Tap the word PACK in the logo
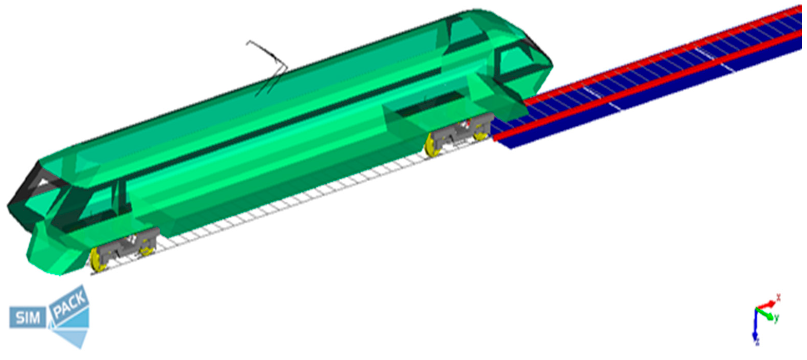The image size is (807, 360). pos(70,304)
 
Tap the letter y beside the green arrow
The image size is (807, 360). pos(776,318)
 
